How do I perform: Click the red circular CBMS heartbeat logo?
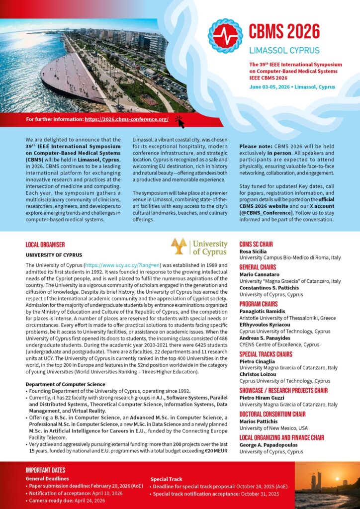[x=225, y=36]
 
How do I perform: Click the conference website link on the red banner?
[x=126, y=119]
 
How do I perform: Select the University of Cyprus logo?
[x=199, y=247]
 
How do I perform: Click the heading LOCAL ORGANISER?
[x=45, y=245]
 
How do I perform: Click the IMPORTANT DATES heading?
[x=45, y=470]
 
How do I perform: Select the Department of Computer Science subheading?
[x=65, y=384]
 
